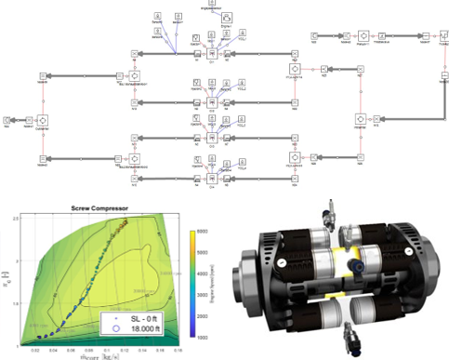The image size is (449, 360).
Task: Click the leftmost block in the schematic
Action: [8, 119]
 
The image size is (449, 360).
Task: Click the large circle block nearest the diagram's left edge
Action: [42, 120]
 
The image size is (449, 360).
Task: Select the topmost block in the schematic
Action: [213, 5]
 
